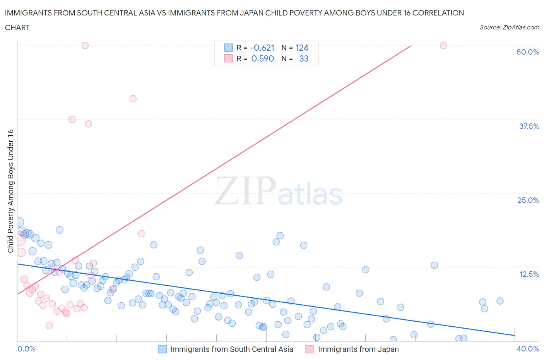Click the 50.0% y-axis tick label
point(528,52)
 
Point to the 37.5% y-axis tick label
point(529,126)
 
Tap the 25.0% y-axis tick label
point(528,200)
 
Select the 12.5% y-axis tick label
point(529,274)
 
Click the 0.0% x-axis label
point(27,349)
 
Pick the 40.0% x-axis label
point(528,349)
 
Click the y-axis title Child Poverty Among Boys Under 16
point(11,191)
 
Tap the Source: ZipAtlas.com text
point(509,27)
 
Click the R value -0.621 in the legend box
point(262,48)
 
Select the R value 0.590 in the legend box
point(263,59)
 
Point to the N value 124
point(302,48)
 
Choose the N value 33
point(304,59)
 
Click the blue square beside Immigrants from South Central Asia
point(162,349)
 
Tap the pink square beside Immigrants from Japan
point(310,349)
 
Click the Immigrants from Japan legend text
point(358,349)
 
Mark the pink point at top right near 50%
point(443,46)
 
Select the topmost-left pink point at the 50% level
point(85,46)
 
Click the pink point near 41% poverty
point(133,99)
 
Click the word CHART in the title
point(17,27)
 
